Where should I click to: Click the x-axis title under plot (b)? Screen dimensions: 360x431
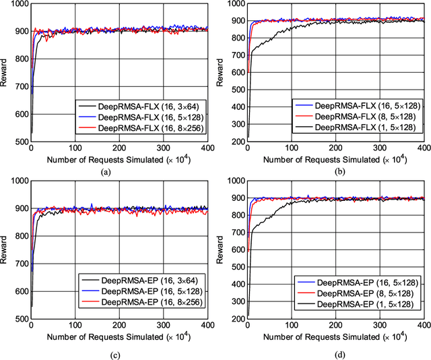coord(337,160)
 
